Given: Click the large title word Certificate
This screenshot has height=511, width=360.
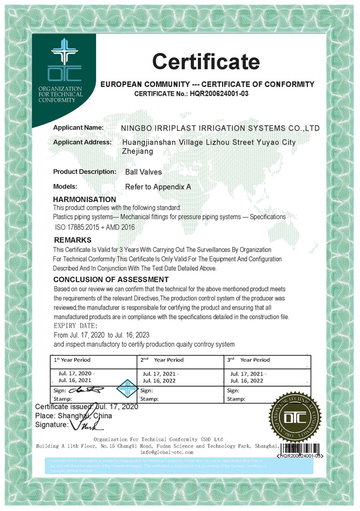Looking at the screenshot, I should (x=205, y=61).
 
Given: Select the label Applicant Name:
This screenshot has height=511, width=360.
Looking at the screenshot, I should (x=78, y=128).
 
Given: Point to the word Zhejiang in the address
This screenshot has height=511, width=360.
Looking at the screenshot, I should (x=139, y=152).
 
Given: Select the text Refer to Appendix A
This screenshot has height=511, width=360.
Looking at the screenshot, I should (x=158, y=187).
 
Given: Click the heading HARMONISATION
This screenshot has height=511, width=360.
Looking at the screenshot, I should (x=85, y=199).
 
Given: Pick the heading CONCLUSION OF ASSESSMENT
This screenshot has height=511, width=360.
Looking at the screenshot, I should (x=111, y=279).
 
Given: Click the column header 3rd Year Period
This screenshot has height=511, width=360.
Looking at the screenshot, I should (x=248, y=360).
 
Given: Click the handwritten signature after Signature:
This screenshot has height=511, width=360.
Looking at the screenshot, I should (x=82, y=425).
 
